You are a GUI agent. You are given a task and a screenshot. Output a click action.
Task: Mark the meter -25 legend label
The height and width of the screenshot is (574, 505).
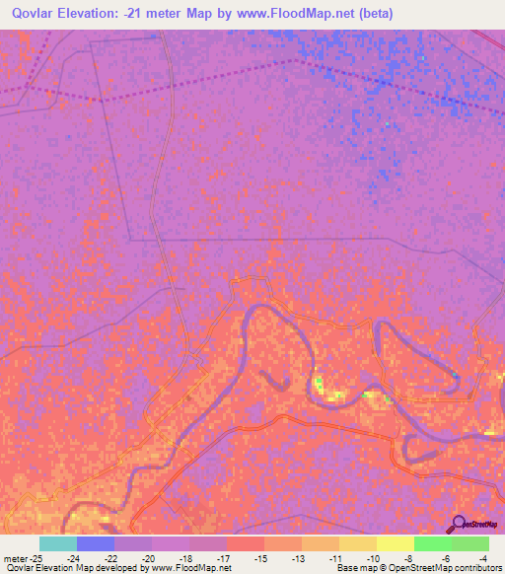pyautogui.click(x=21, y=558)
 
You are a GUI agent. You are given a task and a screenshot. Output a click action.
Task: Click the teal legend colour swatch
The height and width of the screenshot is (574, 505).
pyautogui.click(x=58, y=543)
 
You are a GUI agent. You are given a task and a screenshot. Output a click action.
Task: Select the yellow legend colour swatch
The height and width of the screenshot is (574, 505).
pyautogui.click(x=395, y=543)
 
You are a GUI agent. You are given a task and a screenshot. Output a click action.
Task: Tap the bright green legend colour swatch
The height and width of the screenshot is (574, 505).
pyautogui.click(x=432, y=543)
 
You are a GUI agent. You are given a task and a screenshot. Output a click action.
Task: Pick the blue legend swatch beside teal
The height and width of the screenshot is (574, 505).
pyautogui.click(x=96, y=543)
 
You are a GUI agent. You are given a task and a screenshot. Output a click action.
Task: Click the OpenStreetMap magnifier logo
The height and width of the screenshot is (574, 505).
pyautogui.click(x=458, y=524)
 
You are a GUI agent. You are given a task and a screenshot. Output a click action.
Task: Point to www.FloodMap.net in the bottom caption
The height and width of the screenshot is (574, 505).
pyautogui.click(x=191, y=569)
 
